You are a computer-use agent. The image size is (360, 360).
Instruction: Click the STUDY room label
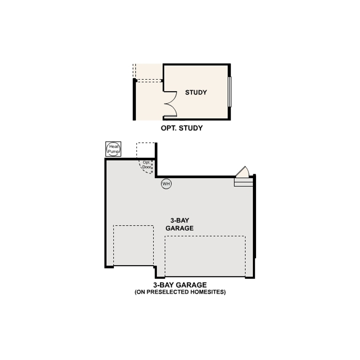point(196,92)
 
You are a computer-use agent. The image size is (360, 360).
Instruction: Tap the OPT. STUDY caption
point(182,128)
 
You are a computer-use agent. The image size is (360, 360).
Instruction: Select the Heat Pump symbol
point(113,149)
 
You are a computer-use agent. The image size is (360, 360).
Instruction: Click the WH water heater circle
point(166,184)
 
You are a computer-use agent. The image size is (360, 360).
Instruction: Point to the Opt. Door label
point(147,164)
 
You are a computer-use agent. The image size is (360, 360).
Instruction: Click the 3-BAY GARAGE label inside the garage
point(180,224)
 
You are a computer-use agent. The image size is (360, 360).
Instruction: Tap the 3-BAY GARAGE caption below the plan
point(180,285)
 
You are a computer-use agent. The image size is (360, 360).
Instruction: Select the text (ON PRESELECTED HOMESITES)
point(180,292)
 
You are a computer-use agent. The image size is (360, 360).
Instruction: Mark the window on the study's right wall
point(230,92)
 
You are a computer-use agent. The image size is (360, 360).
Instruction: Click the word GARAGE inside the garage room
point(180,228)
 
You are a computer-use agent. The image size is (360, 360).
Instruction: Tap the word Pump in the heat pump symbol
point(113,152)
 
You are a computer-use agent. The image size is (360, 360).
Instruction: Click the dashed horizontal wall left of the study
point(149,80)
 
